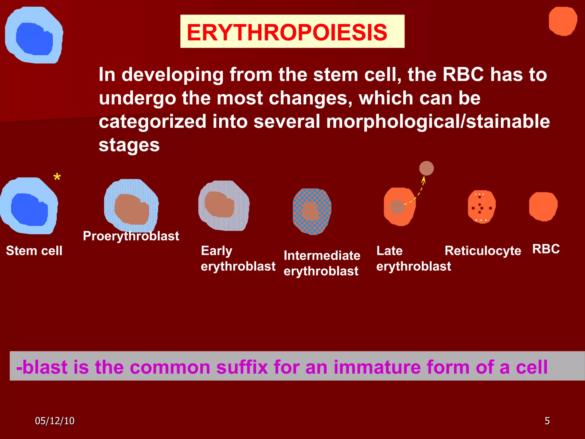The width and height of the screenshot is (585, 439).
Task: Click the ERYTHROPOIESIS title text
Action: [287, 32]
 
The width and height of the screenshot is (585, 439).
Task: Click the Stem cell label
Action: [34, 251]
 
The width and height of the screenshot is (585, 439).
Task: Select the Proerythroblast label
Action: [131, 236]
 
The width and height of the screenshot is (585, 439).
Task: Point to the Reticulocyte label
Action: [483, 251]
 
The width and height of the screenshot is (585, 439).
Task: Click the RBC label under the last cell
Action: [546, 249]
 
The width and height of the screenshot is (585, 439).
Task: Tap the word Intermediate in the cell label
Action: [322, 255]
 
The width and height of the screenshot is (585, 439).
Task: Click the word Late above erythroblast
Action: [389, 251]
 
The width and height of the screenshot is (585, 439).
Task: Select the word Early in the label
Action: [216, 251]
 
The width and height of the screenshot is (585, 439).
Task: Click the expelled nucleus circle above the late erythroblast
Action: [426, 168]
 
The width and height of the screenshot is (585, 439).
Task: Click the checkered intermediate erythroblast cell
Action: [312, 211]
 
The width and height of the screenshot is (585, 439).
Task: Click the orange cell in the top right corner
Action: [562, 21]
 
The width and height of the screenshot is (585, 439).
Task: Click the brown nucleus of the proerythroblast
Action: [132, 209]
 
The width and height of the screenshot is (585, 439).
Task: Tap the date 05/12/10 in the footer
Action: [55, 421]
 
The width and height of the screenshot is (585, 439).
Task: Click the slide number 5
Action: [547, 421]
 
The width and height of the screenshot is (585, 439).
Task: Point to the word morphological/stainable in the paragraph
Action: [438, 121]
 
